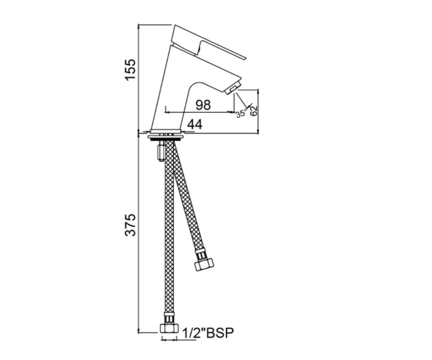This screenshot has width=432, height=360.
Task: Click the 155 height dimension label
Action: coord(130,70)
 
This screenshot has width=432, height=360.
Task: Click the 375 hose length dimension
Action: coord(130,225)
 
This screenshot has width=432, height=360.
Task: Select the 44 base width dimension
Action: coord(195,125)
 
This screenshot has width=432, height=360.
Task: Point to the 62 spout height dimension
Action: coord(253,111)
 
